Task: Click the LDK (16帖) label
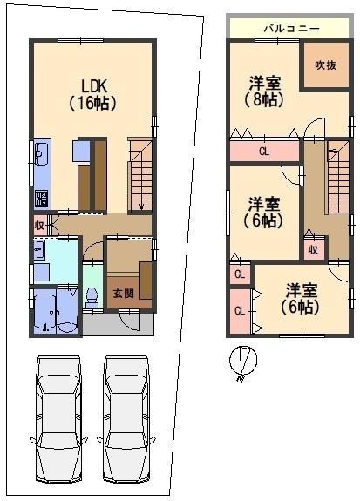[x=92, y=95]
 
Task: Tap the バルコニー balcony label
[x=291, y=29]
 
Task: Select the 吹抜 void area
[x=326, y=64]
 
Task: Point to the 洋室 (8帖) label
[x=264, y=91]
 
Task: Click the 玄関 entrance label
[x=124, y=294]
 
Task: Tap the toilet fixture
[x=92, y=298]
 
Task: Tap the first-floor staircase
[x=140, y=175]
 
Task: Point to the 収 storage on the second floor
[x=313, y=249]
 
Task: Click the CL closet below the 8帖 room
[x=264, y=151]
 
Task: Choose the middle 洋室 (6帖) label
[x=264, y=213]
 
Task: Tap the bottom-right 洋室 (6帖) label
[x=301, y=299]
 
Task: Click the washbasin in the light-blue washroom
[x=40, y=249]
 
